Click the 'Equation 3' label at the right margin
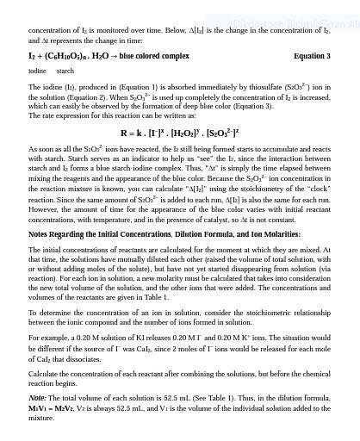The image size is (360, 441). [311, 56]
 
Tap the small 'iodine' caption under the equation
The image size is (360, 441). [37, 71]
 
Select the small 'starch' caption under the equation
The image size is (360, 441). [65, 71]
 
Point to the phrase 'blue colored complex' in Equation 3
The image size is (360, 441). [154, 56]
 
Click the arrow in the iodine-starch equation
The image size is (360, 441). [114, 56]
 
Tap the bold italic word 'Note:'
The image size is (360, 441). [37, 399]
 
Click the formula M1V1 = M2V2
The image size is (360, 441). [52, 408]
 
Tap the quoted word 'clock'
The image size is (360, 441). [319, 189]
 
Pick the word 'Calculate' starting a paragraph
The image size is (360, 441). [44, 374]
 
